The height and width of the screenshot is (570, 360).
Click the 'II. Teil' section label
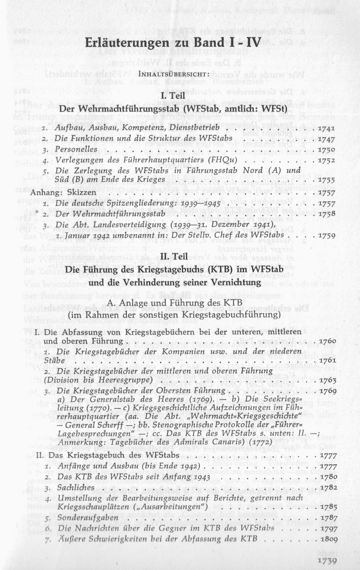(173, 257)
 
